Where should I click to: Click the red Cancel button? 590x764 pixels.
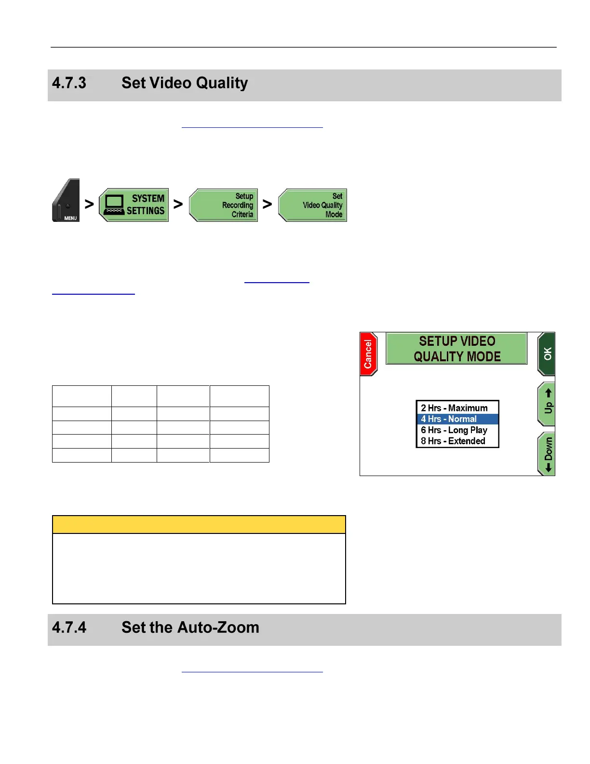click(x=368, y=354)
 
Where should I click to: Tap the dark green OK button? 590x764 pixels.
click(x=547, y=354)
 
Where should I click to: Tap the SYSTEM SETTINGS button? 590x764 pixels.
click(x=134, y=205)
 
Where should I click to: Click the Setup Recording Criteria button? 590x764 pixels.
click(x=224, y=205)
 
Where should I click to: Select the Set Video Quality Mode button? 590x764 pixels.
click(x=313, y=205)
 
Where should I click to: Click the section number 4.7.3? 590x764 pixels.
click(x=69, y=83)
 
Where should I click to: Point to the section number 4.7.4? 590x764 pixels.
click(x=69, y=628)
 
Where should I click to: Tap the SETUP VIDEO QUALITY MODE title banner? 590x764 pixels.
click(x=456, y=349)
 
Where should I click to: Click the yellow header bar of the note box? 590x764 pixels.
click(x=199, y=524)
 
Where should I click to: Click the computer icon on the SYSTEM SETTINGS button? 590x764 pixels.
click(x=114, y=205)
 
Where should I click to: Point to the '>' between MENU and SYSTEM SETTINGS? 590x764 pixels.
click(x=89, y=205)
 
